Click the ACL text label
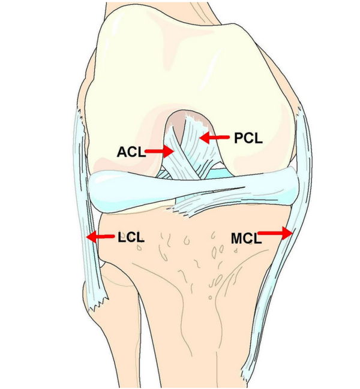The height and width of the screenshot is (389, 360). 131,152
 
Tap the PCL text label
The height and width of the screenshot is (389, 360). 248,138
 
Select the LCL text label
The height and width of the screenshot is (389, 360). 131,237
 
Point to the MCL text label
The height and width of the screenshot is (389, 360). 246,239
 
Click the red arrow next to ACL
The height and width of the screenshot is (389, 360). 159,151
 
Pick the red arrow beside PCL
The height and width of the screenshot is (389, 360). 214,137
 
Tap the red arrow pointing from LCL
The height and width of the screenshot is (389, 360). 101,236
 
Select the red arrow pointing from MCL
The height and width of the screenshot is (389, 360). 275,233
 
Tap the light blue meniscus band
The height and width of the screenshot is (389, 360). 194,191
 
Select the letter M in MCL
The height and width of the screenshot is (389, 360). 236,239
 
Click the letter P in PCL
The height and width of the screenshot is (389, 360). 239,138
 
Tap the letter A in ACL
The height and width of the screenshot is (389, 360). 122,152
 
